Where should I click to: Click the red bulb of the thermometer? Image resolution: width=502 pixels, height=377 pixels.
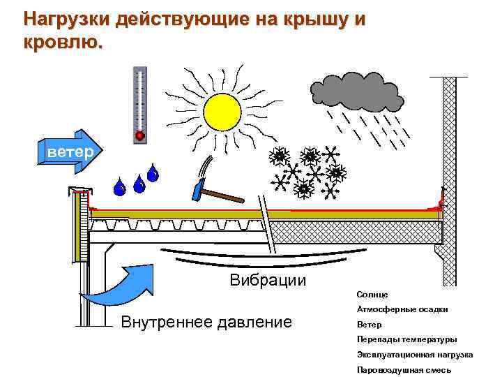tap(139, 135)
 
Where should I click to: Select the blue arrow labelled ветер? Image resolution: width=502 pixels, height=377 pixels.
tap(70, 150)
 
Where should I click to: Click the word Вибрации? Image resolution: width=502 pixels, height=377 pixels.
tap(268, 281)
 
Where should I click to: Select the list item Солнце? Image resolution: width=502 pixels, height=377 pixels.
tap(372, 295)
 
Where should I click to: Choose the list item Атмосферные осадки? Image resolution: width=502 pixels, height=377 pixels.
tap(402, 310)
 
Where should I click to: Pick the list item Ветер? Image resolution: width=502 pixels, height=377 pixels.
tap(369, 325)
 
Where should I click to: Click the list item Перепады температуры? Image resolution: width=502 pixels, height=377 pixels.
tap(407, 340)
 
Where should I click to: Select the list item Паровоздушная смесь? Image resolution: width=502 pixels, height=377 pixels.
tap(404, 369)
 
